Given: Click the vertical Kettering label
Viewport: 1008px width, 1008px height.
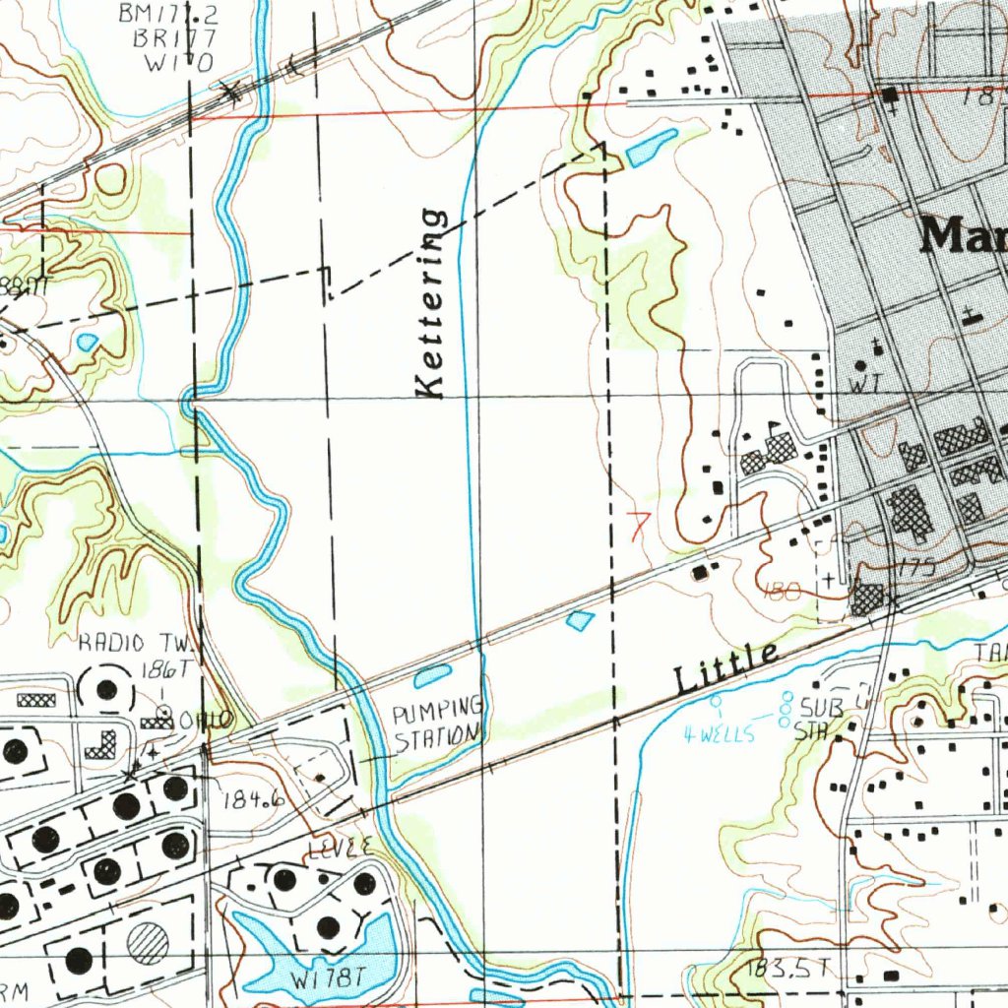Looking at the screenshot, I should click(x=431, y=303).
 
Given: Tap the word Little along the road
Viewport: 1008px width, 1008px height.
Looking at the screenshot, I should click(x=726, y=667).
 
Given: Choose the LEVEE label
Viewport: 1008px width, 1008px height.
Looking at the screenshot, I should click(x=341, y=847).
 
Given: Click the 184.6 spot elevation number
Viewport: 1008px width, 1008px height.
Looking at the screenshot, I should click(x=253, y=799).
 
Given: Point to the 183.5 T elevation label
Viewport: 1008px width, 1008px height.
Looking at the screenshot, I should click(x=784, y=969).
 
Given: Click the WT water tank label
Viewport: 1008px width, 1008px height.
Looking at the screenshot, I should click(x=863, y=387).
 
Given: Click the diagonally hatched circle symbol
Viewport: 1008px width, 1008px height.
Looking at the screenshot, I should click(x=148, y=943).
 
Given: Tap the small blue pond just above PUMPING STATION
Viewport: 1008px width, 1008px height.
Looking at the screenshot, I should click(x=432, y=676).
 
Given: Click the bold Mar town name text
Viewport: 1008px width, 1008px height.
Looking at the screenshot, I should click(x=963, y=237).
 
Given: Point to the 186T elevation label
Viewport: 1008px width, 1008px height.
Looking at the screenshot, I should click(x=164, y=670).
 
